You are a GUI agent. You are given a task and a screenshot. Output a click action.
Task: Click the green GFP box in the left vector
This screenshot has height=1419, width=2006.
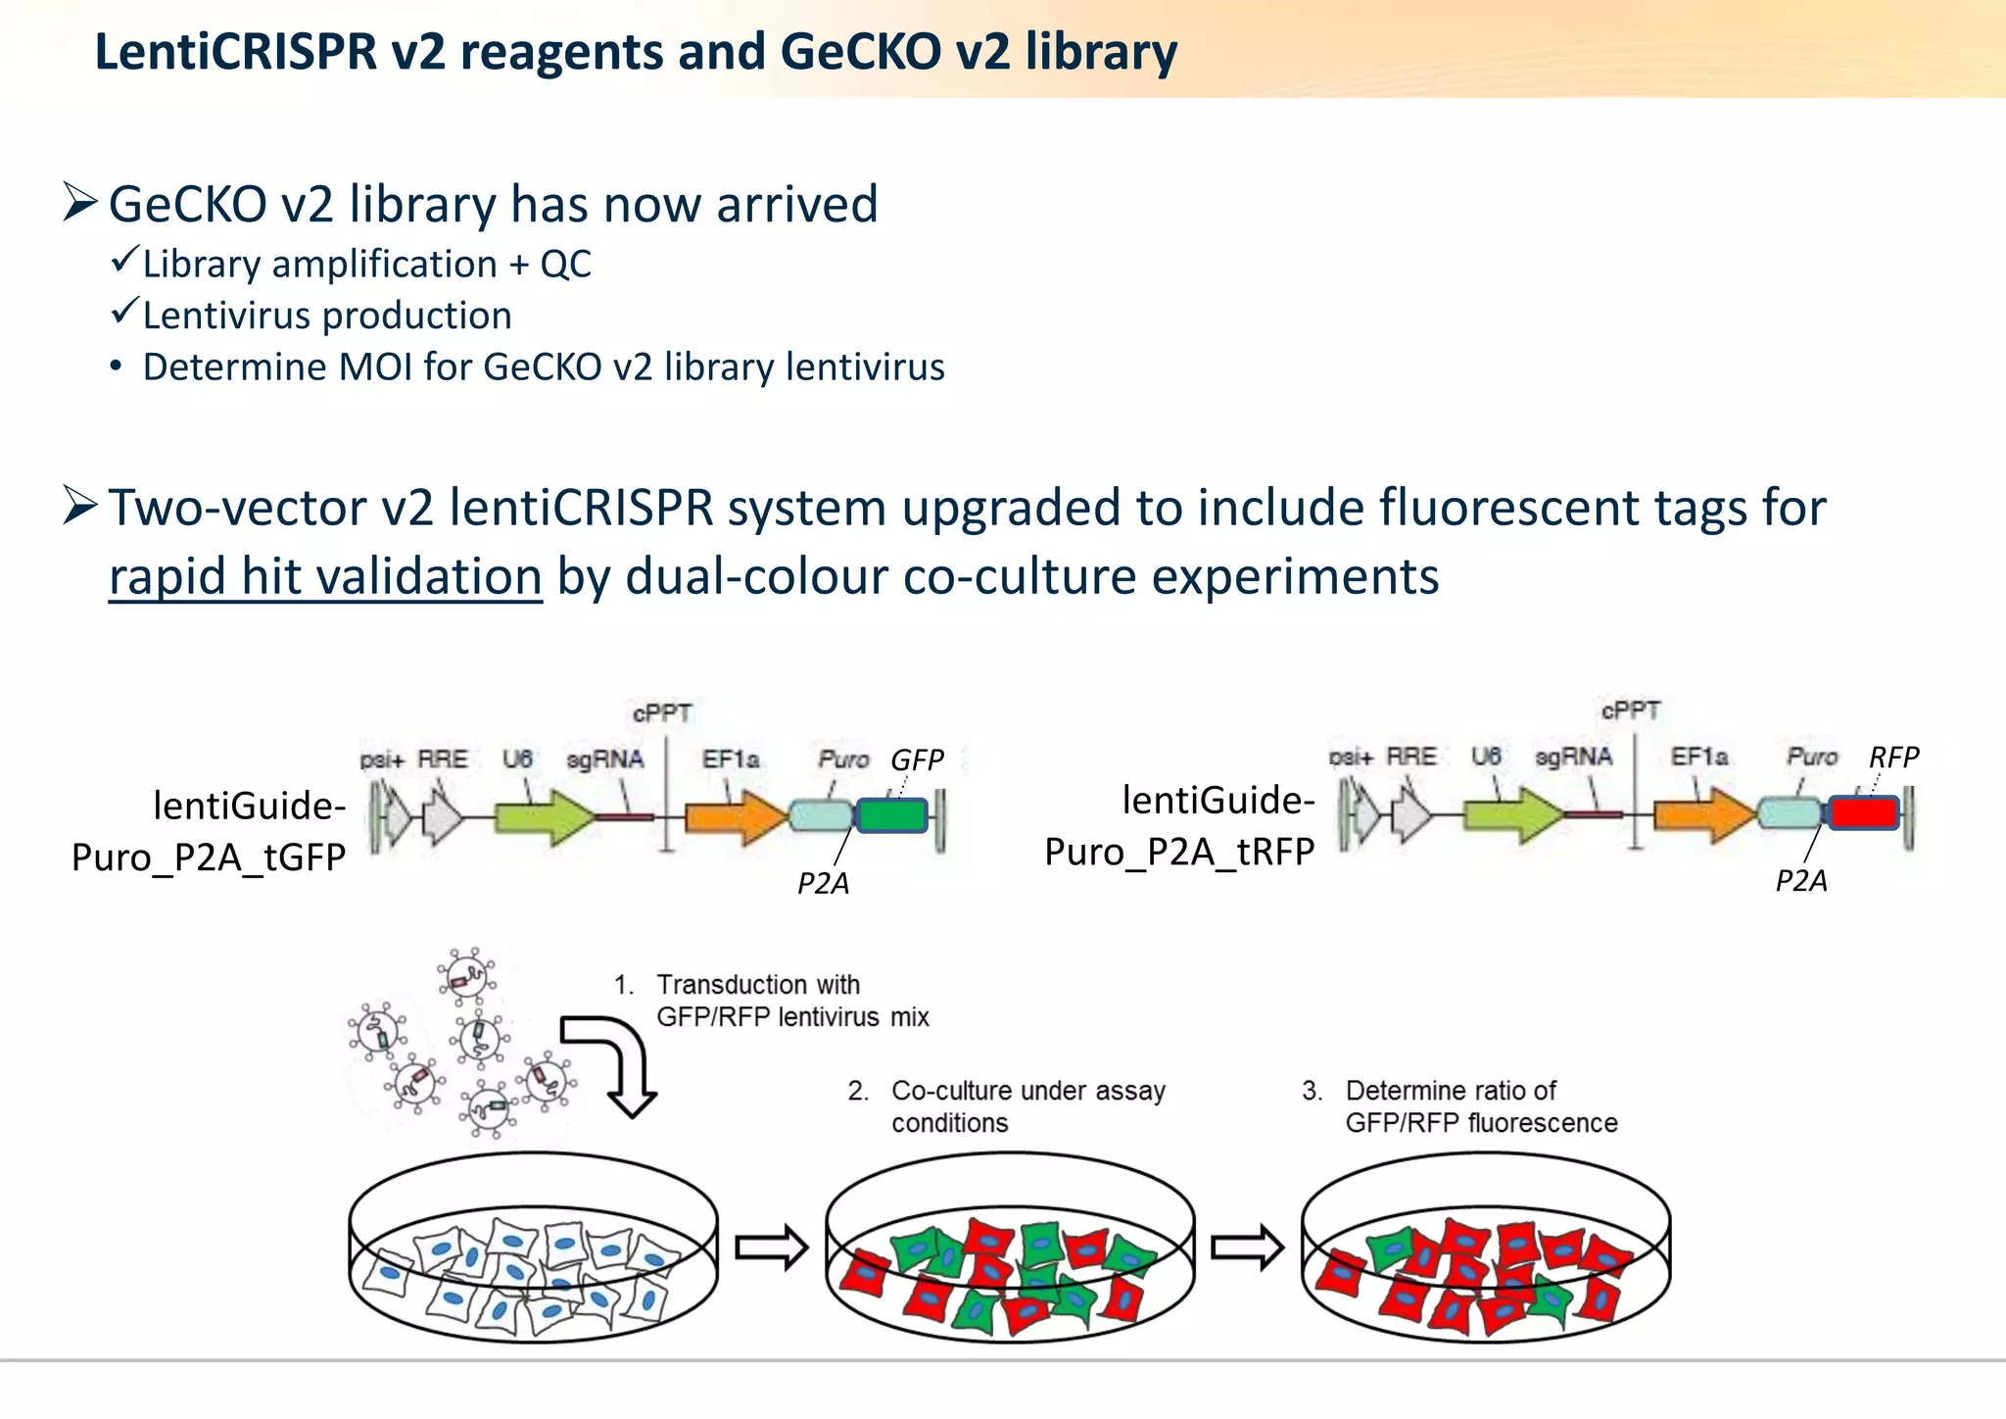891,815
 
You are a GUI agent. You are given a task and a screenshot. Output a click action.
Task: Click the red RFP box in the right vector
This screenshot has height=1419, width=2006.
1864,812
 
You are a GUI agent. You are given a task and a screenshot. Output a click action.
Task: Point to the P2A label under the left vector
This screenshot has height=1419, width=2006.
823,884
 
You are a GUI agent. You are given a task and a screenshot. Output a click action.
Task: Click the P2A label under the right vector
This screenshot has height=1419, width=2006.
1801,881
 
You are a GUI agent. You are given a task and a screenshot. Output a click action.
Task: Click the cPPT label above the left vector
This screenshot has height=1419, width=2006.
662,713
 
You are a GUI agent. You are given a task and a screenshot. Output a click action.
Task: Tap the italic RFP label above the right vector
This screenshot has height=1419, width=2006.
1893,757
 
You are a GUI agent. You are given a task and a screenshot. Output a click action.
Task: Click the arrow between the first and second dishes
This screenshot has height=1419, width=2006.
771,1248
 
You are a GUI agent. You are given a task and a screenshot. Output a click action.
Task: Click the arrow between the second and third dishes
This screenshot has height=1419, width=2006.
1247,1248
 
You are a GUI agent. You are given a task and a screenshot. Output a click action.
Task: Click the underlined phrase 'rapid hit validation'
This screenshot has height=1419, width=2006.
325,576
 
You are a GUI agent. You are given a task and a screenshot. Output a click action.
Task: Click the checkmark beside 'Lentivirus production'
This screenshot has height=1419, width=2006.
124,313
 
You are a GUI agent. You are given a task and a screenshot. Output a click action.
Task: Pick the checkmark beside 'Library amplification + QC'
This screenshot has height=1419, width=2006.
124,261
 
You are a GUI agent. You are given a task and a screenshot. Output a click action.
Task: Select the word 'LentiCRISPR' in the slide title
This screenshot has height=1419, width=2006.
236,52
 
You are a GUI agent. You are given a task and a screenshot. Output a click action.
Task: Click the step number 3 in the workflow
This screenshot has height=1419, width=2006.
1312,1091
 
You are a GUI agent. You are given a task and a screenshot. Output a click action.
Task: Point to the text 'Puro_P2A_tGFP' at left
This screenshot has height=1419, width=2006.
209,857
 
